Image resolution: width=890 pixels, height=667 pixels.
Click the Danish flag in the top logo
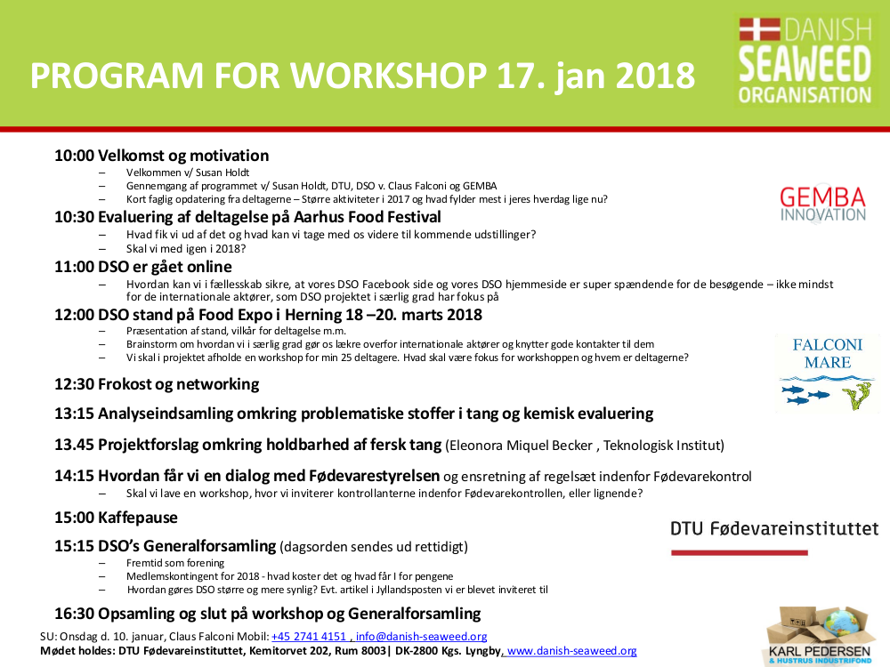click(x=759, y=29)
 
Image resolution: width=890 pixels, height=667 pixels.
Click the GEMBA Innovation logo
click(x=823, y=205)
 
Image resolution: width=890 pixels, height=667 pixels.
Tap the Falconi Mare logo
click(x=827, y=373)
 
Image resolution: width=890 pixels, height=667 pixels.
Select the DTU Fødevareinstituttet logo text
click(x=774, y=529)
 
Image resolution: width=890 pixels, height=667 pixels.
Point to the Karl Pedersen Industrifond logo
click(x=819, y=636)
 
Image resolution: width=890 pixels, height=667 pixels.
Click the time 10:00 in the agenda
click(x=75, y=156)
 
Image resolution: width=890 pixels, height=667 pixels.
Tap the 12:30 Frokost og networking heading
click(x=157, y=384)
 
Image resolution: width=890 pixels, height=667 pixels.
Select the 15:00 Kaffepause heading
click(x=116, y=518)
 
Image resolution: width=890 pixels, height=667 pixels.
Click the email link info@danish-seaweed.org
click(x=421, y=637)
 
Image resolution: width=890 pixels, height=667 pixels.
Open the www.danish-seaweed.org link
click(x=571, y=651)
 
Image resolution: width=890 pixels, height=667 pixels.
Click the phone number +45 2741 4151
click(x=309, y=637)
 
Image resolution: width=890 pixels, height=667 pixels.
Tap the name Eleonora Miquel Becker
click(x=521, y=446)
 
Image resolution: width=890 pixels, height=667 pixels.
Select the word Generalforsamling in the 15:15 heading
click(x=209, y=546)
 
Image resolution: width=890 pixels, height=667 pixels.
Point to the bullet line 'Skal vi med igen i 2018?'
click(x=186, y=248)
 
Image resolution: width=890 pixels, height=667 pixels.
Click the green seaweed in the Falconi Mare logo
click(x=857, y=396)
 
